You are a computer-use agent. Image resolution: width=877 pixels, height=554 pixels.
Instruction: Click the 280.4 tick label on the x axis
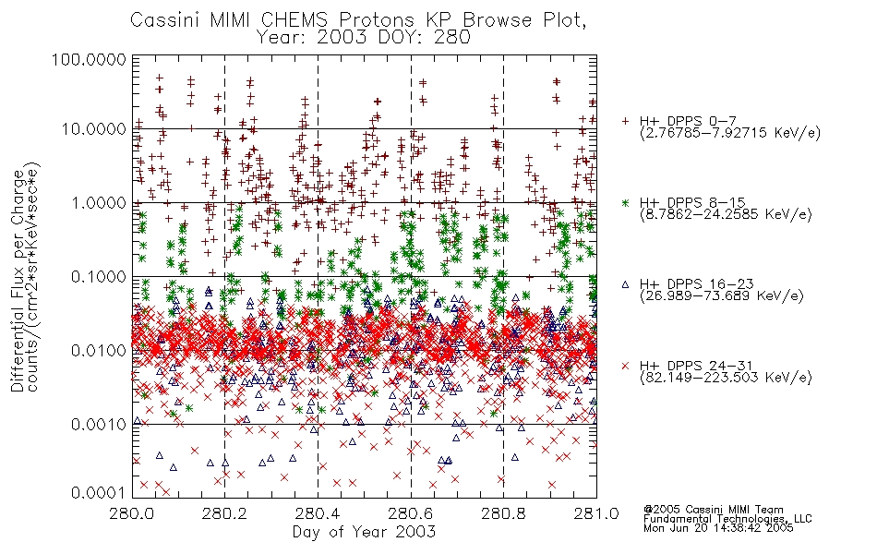[x=318, y=513]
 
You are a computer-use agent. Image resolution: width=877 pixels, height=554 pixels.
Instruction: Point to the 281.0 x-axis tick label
[x=596, y=513]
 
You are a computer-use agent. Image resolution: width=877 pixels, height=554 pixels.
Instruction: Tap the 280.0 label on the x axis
[x=132, y=513]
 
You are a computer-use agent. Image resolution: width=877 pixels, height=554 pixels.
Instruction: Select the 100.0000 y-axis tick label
[x=89, y=59]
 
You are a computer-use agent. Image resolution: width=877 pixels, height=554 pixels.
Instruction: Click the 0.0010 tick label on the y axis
[x=99, y=425]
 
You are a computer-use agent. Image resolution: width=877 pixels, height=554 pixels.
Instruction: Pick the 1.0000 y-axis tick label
[x=99, y=202]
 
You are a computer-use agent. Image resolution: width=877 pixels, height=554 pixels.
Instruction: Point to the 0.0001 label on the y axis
[x=99, y=493]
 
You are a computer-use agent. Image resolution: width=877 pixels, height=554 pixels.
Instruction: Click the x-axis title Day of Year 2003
[x=364, y=532]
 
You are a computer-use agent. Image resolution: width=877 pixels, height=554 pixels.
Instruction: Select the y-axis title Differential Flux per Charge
[x=18, y=281]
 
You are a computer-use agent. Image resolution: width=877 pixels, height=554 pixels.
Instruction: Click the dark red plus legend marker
[x=626, y=121]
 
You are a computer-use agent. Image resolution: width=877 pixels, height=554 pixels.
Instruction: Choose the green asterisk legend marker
[x=626, y=202]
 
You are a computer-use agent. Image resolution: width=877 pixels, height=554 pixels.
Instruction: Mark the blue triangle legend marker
[x=626, y=284]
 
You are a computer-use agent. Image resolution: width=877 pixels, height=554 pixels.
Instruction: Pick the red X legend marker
[x=626, y=366]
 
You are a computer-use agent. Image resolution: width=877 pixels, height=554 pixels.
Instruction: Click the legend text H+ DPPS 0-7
[x=688, y=121]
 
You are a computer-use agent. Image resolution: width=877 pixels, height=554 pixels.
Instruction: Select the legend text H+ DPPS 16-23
[x=697, y=284]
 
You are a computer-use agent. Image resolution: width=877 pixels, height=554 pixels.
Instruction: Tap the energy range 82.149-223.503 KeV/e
[x=726, y=378]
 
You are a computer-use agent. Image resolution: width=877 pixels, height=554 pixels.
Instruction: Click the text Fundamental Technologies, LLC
[x=727, y=519]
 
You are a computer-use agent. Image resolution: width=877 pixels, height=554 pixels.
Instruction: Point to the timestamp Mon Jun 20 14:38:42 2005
[x=718, y=528]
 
